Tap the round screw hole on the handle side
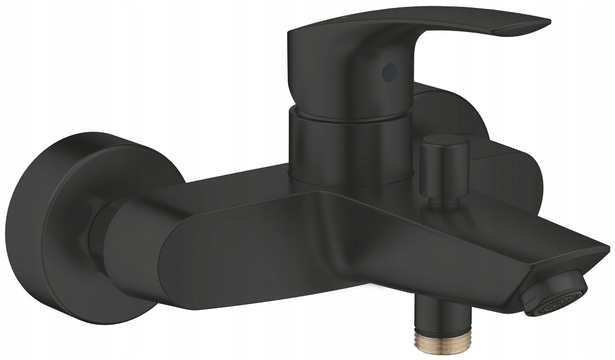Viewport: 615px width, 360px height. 390,69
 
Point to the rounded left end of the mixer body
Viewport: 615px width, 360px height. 132,242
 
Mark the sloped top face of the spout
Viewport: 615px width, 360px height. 474,221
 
